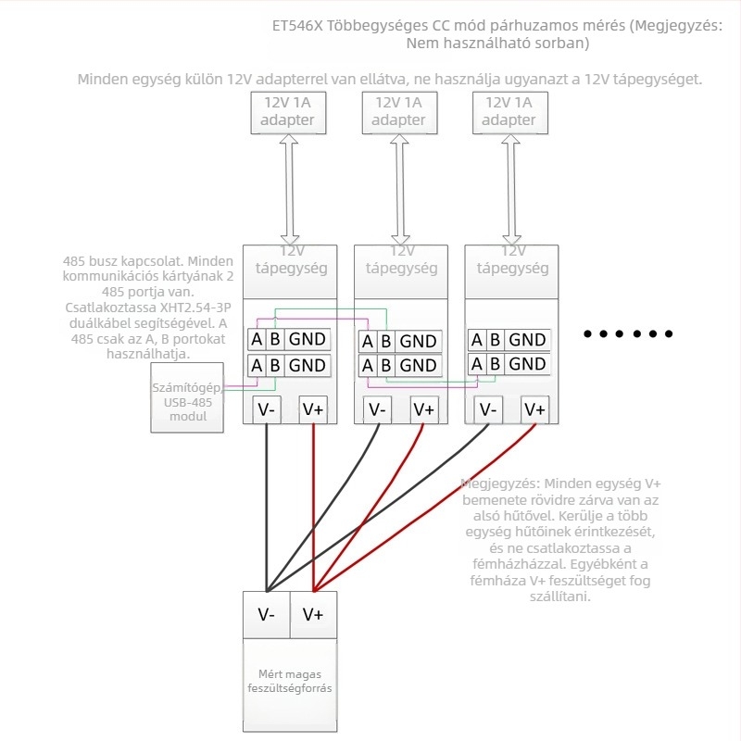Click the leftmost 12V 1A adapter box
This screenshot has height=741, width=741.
[287, 111]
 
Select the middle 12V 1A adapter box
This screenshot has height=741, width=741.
[398, 111]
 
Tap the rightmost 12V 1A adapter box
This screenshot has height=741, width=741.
[509, 111]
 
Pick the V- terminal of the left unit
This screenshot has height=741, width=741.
[266, 409]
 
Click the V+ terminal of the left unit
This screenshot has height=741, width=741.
[313, 409]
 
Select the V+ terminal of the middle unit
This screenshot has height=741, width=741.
[423, 409]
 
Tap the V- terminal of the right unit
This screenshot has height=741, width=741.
[487, 409]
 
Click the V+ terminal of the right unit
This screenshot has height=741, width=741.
[534, 409]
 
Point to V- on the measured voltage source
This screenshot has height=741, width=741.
[266, 614]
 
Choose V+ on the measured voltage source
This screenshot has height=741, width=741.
[313, 614]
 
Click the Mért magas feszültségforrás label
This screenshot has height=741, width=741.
[290, 682]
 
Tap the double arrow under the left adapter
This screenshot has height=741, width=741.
[289, 189]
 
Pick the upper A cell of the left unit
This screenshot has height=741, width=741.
[257, 340]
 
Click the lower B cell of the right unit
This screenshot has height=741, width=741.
[495, 364]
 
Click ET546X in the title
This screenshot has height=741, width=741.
[299, 26]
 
